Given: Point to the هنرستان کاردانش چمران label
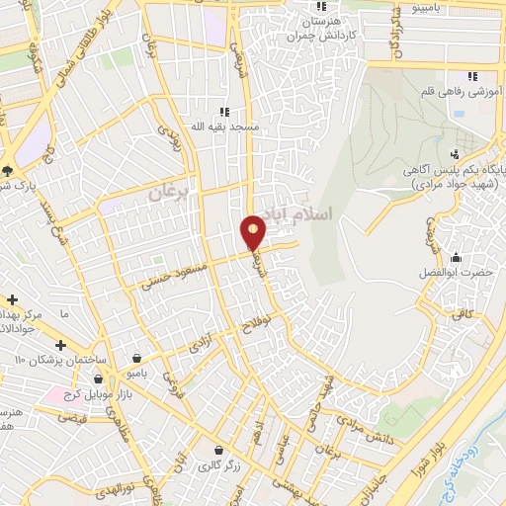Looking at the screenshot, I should [301, 28].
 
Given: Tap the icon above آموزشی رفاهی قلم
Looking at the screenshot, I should [472, 75].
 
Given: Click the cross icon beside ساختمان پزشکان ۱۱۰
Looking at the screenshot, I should [61, 346].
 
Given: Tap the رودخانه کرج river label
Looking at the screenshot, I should [484, 445].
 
